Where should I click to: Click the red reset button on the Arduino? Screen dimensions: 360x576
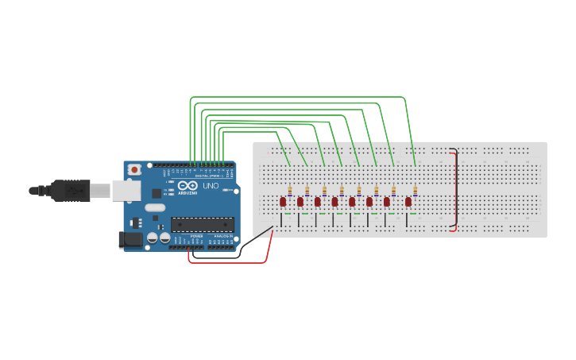(135, 169)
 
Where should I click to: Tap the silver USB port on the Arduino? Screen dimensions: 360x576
(125, 190)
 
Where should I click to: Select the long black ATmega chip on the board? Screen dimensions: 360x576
(202, 225)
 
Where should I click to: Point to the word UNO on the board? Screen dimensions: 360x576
(211, 186)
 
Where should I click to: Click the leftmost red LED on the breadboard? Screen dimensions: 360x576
(283, 202)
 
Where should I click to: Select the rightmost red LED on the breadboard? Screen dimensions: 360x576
(408, 202)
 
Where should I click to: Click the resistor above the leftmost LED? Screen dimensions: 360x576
(290, 191)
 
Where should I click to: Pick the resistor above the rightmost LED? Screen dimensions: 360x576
(415, 191)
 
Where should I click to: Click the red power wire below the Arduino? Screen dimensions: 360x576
(230, 261)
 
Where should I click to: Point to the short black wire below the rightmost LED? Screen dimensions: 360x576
(406, 219)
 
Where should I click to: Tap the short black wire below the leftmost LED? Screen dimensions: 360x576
(281, 219)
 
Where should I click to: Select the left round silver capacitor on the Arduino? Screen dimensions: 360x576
(152, 237)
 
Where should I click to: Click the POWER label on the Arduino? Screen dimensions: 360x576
(196, 236)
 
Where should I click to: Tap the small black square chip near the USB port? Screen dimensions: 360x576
(157, 192)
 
